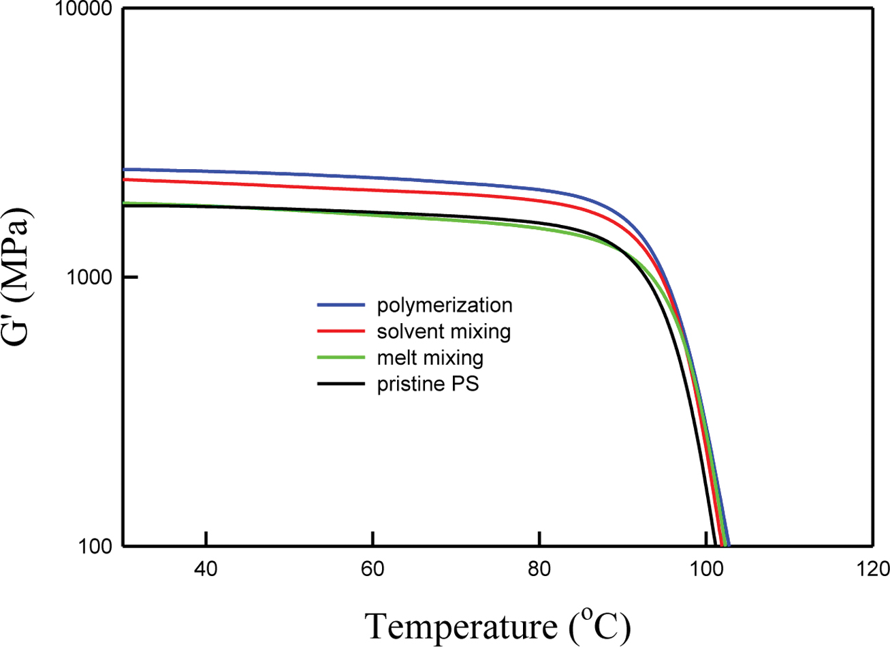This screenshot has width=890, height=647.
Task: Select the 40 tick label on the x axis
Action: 206,569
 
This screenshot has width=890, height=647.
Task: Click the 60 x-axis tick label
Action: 372,569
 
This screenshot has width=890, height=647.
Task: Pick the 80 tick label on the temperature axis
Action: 539,569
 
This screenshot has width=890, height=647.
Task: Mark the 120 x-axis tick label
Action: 872,569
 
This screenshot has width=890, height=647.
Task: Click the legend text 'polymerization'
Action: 445,303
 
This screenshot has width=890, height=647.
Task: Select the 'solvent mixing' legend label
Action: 444,331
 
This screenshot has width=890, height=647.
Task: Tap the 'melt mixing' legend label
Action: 430,357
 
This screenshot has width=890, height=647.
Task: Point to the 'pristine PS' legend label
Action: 428,384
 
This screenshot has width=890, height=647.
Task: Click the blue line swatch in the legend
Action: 341,304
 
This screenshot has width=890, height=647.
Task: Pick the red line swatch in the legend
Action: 341,331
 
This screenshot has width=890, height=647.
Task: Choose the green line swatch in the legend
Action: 341,357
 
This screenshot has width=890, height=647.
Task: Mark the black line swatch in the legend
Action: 341,384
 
